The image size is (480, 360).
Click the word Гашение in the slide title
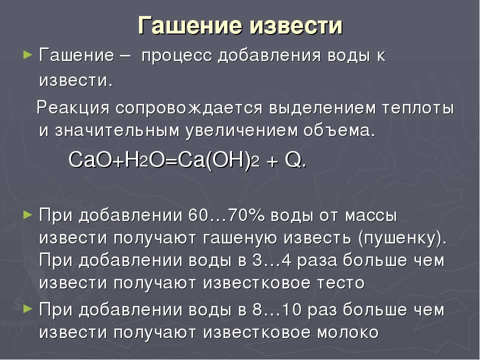click(x=190, y=25)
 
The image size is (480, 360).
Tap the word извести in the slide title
click(x=296, y=25)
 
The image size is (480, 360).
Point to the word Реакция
click(x=73, y=108)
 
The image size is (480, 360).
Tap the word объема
click(x=339, y=130)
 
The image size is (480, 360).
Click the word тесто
click(x=340, y=283)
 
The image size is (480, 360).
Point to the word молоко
click(x=348, y=332)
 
